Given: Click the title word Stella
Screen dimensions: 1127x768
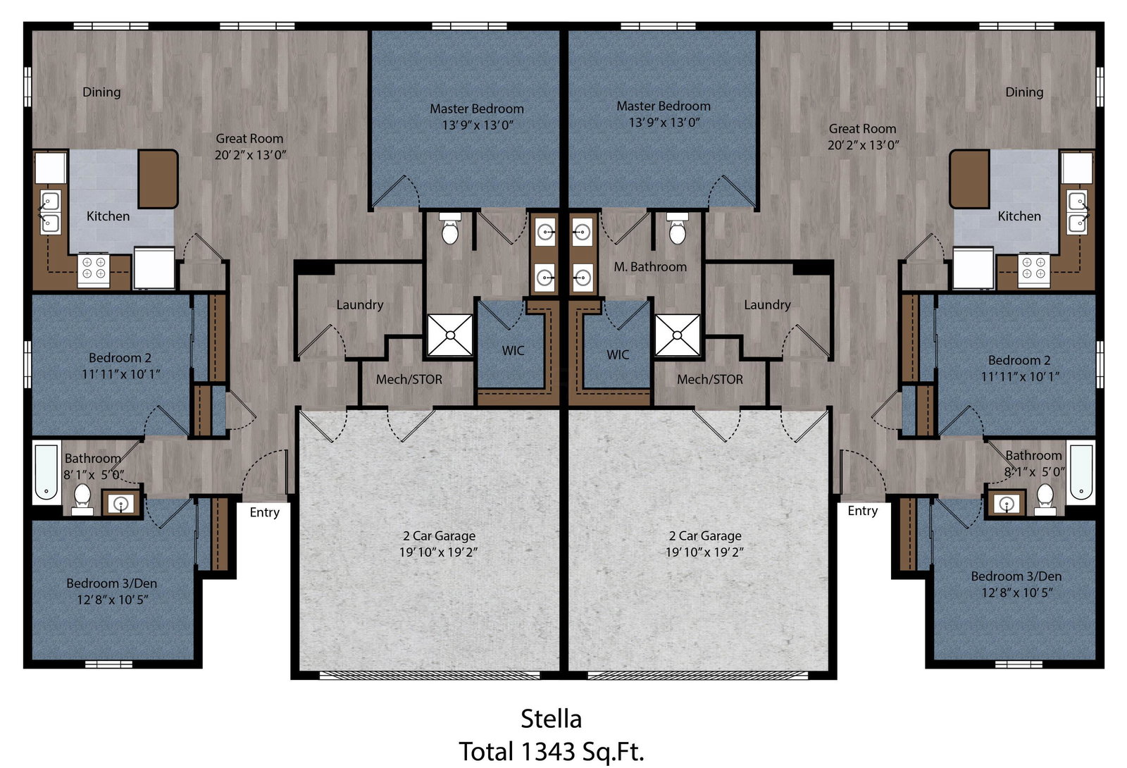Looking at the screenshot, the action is point(551,719).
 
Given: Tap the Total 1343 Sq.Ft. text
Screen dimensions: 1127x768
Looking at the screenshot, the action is point(552,752).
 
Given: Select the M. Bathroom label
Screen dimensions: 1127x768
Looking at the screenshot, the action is point(650,267).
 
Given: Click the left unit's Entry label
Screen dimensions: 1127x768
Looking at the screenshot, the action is point(265,512).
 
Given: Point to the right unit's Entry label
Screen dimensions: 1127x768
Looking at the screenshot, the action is point(862,511).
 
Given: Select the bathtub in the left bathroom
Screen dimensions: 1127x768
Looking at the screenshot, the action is point(46,472).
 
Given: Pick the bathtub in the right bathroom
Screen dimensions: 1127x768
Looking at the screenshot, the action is point(1081,472).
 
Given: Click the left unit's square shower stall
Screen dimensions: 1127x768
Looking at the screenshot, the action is point(450,335).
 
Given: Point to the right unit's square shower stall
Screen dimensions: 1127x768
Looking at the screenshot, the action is point(677,335).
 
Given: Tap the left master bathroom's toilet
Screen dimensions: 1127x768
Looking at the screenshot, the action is point(450,229).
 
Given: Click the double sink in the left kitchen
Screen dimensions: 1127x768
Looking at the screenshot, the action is point(50,212).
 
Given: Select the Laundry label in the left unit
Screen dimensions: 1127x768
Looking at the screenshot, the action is point(360,304).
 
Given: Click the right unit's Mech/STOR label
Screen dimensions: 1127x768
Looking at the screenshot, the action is point(710,379).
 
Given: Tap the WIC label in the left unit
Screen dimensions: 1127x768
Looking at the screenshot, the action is point(513,351).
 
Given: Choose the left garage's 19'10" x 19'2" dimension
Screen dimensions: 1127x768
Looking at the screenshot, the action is point(438,552).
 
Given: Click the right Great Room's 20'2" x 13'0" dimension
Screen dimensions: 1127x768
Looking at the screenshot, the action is point(864,145).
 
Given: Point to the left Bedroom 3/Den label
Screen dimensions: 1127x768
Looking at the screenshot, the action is point(112,583).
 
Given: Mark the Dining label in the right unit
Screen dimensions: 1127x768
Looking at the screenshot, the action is point(1024,92).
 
